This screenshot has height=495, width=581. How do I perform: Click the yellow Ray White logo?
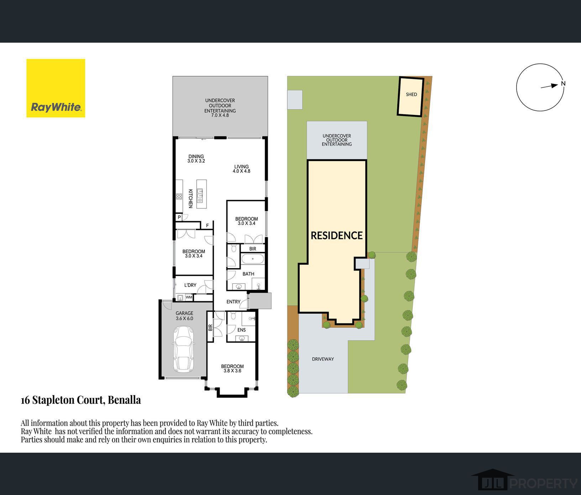tap(56, 88)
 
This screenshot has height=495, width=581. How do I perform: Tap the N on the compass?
tap(563, 84)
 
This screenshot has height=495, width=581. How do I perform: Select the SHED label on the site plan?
tap(411, 95)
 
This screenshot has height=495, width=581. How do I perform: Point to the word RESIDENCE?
tap(337, 235)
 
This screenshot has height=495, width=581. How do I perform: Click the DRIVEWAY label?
tap(323, 359)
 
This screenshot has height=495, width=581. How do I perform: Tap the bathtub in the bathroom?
tap(253, 259)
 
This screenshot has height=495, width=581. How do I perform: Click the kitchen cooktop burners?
tap(179, 196)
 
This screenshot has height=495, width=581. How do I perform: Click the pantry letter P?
tap(179, 217)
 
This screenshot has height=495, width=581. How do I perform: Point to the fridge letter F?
tap(208, 225)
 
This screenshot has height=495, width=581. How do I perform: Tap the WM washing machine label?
tap(189, 297)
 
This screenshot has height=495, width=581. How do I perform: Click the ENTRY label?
tap(234, 302)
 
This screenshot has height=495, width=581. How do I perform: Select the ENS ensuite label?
tap(241, 330)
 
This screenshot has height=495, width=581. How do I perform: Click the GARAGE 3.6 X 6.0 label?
tap(184, 316)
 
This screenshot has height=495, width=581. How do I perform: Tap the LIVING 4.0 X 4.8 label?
tap(241, 169)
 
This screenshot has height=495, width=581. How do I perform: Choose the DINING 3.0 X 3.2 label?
tap(196, 159)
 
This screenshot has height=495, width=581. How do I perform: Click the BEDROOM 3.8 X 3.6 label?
tap(232, 368)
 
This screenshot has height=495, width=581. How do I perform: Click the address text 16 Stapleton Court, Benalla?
tap(81, 400)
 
